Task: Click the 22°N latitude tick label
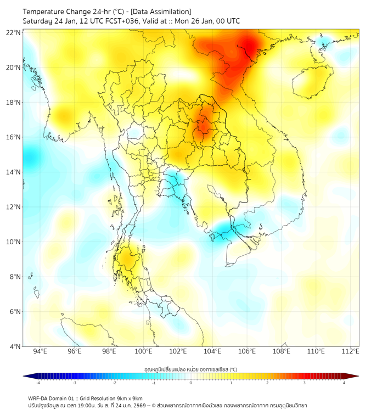click(14, 32)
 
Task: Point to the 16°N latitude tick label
click(14, 137)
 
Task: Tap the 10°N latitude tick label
click(14, 242)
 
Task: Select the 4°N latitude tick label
click(15, 346)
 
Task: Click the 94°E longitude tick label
click(40, 351)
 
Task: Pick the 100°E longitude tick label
click(143, 351)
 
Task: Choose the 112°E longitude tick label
click(350, 351)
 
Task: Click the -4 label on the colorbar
click(38, 383)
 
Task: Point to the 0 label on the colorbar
click(191, 383)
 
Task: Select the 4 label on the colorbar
click(344, 383)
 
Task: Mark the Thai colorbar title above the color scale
click(190, 369)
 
